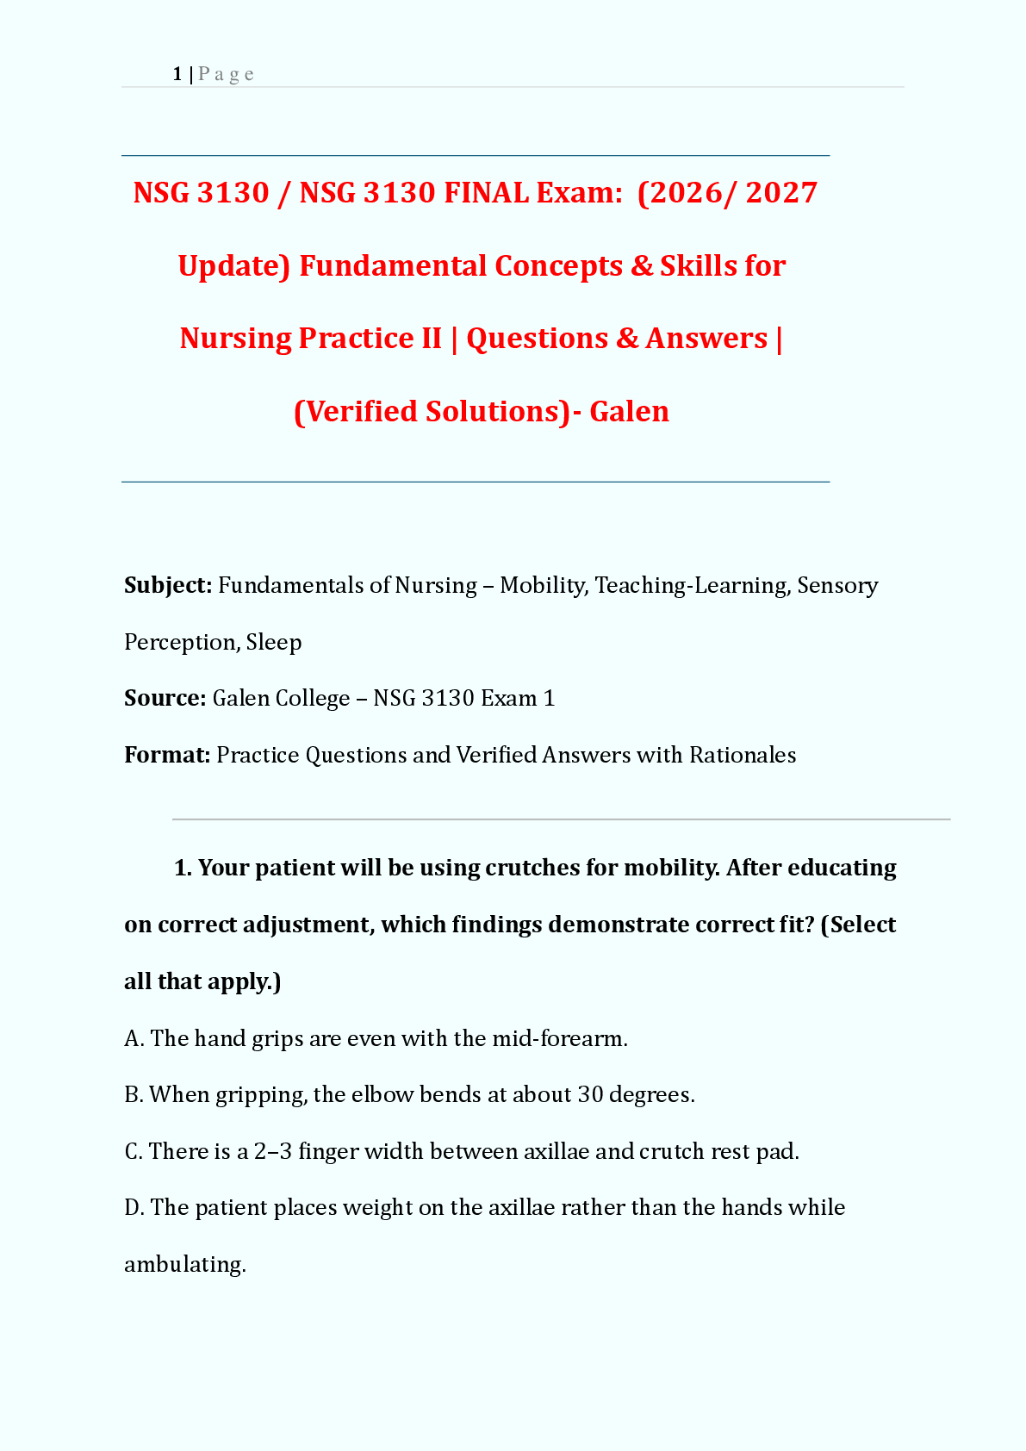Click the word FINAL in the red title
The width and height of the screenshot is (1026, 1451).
click(x=486, y=193)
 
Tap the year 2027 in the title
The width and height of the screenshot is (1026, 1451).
click(x=781, y=193)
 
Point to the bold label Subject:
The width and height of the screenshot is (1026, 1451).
click(x=168, y=586)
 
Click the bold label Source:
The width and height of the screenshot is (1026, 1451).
click(x=165, y=698)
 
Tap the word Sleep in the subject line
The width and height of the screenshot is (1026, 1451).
click(x=273, y=643)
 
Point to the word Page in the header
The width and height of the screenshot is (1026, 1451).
click(x=226, y=75)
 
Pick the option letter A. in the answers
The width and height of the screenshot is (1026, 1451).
click(x=134, y=1038)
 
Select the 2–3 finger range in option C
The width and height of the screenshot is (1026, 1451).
click(x=273, y=1152)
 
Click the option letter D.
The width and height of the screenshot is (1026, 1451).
click(x=134, y=1208)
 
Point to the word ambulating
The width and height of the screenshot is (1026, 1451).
click(x=185, y=1265)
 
